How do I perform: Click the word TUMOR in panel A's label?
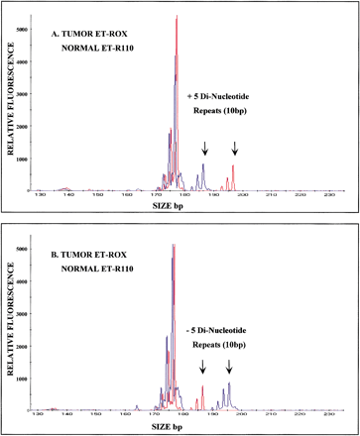[x=79, y=31]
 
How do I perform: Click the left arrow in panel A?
[x=204, y=149]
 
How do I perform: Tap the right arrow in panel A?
[x=235, y=149]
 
